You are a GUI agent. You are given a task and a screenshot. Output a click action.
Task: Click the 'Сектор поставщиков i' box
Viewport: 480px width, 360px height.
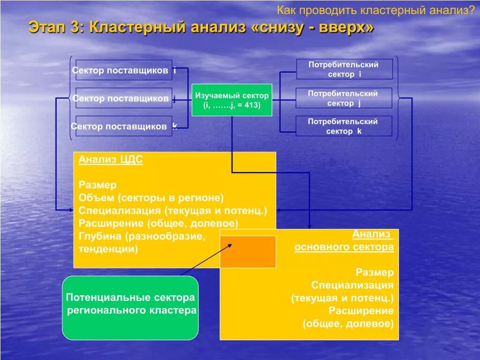click(x=124, y=70)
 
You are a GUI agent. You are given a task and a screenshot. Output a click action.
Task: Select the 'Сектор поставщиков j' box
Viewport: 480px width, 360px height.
click(x=124, y=98)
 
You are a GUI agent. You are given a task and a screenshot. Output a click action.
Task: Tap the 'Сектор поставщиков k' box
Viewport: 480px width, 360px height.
click(x=124, y=126)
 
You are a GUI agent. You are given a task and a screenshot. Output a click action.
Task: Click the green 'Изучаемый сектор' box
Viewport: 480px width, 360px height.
click(x=232, y=100)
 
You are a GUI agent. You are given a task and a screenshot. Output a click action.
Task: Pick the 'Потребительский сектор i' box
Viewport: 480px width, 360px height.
click(x=344, y=69)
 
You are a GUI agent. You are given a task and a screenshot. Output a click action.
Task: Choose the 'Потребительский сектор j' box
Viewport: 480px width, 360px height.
click(x=344, y=98)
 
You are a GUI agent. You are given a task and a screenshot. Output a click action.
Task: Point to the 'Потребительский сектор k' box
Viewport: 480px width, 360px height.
click(x=344, y=126)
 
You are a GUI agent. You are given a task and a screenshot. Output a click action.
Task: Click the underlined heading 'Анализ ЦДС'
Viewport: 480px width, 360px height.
click(x=111, y=160)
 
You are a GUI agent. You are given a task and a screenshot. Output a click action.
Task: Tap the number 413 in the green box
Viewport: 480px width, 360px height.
click(x=249, y=105)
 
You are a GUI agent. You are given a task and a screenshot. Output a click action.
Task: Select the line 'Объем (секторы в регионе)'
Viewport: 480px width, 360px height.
click(x=151, y=198)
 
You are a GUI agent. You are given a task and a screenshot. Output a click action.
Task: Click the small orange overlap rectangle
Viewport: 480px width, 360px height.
click(x=248, y=251)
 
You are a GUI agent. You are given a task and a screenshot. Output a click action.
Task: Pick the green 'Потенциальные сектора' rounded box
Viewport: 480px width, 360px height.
click(x=130, y=307)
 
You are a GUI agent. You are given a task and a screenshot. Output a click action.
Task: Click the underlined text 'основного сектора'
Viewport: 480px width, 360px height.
click(x=344, y=247)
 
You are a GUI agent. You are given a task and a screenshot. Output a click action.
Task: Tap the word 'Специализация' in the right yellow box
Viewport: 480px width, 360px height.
click(x=352, y=285)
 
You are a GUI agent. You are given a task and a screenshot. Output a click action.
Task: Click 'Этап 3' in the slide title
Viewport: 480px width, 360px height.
click(x=55, y=27)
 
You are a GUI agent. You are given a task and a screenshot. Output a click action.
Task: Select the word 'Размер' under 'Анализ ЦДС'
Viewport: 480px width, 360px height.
click(x=97, y=185)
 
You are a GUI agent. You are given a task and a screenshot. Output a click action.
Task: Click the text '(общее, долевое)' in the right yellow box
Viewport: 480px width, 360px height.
click(x=348, y=323)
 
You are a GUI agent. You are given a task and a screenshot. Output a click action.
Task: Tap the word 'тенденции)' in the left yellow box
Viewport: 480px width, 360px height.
click(x=108, y=248)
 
